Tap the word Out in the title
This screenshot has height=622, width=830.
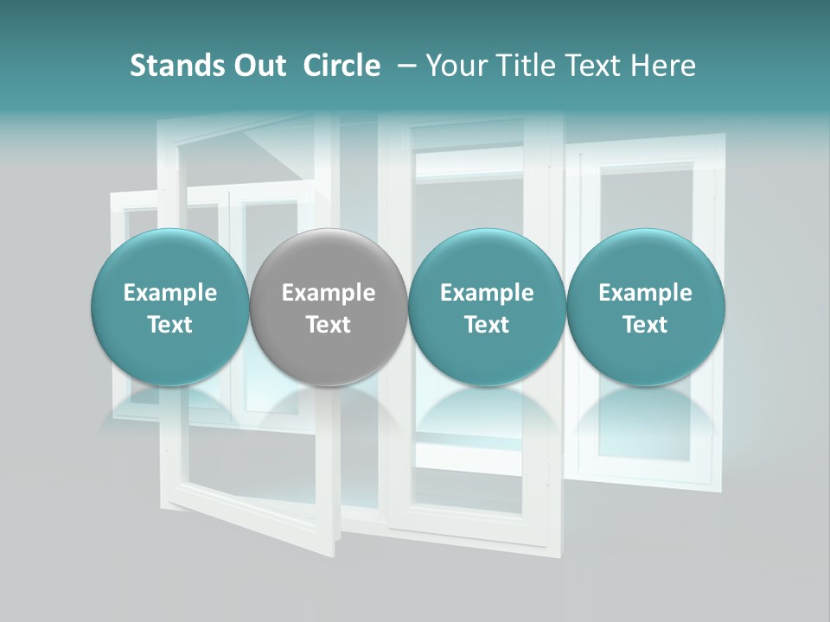coord(257,66)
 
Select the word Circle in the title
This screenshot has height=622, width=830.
coord(342,66)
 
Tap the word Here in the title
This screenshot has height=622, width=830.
coord(663,66)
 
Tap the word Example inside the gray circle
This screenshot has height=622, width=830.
coord(329,293)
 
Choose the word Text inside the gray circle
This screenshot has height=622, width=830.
coord(329,325)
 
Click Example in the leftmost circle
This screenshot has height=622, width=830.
coord(169,293)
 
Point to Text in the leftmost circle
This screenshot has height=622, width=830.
coord(169,325)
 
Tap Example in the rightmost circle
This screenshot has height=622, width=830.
coord(645,293)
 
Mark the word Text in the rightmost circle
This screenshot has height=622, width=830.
coord(645,325)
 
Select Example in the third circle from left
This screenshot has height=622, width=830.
coord(487,293)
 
